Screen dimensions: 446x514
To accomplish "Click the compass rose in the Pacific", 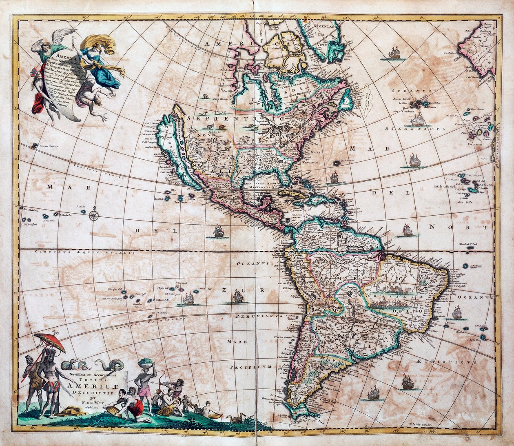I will [x=94, y=214].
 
